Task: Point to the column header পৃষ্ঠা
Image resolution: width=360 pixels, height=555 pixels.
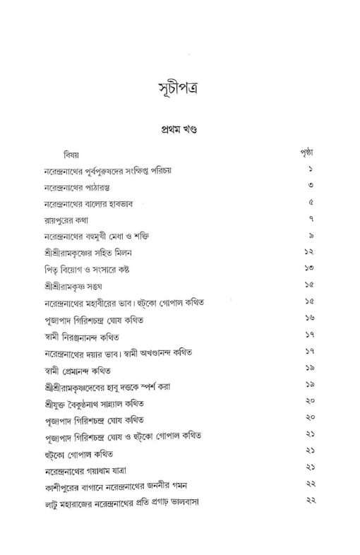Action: tap(306, 153)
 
